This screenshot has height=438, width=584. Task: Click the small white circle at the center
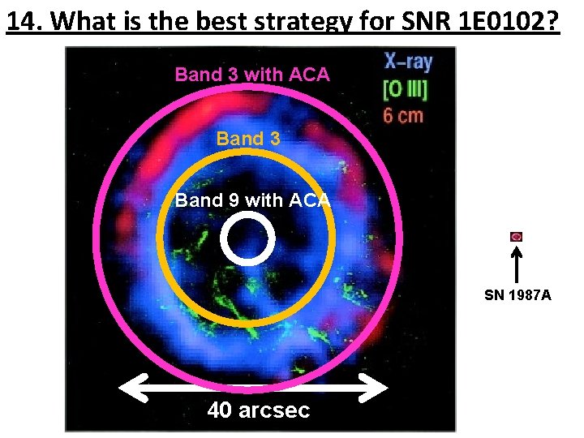[249, 238]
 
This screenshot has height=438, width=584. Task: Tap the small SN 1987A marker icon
[517, 237]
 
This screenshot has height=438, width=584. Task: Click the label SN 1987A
[517, 295]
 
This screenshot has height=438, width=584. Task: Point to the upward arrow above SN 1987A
[517, 264]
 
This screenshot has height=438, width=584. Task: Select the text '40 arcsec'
[258, 410]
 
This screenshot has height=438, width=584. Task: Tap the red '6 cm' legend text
[403, 114]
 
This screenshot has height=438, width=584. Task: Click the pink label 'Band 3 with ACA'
[252, 75]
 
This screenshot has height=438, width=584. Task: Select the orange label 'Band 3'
[248, 139]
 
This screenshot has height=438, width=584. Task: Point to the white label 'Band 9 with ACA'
[252, 200]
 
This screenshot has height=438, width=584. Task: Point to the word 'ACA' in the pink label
[308, 75]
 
